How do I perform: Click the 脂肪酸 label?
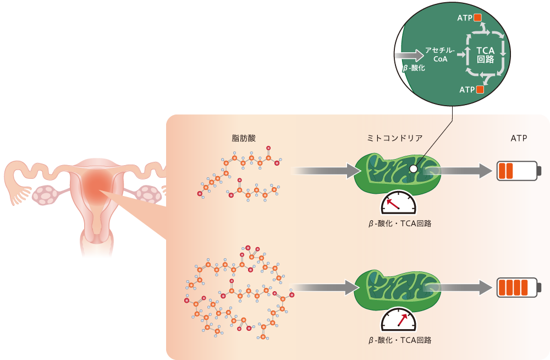pyautogui.click(x=245, y=138)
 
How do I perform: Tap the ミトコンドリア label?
pyautogui.click(x=394, y=138)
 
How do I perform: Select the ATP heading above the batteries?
pyautogui.click(x=519, y=138)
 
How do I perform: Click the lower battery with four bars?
pyautogui.click(x=519, y=287)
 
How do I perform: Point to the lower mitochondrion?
pyautogui.click(x=396, y=287)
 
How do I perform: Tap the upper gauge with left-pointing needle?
pyautogui.click(x=399, y=204)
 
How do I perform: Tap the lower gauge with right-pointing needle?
pyautogui.click(x=399, y=320)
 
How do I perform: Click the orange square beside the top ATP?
pyautogui.click(x=478, y=18)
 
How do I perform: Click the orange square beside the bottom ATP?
pyautogui.click(x=480, y=89)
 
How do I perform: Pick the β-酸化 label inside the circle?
pyautogui.click(x=414, y=68)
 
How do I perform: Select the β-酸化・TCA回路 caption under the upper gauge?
pyautogui.click(x=400, y=224)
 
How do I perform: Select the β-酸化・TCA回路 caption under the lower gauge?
pyautogui.click(x=400, y=340)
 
